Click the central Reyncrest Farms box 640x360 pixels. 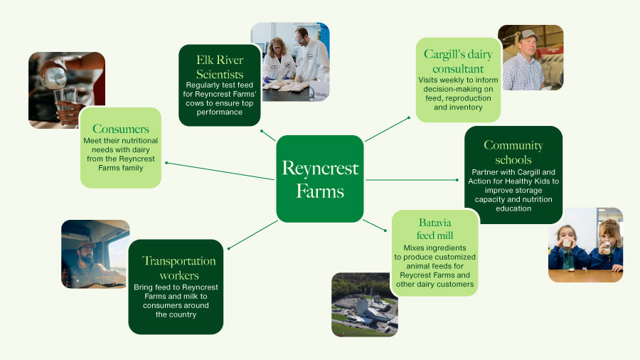point(320,179)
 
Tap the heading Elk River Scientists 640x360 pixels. point(220,67)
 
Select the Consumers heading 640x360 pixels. point(121,129)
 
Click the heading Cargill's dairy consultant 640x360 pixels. point(459,61)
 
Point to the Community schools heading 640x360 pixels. point(513,152)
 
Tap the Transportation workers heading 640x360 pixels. point(178,268)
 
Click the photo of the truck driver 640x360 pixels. point(95,254)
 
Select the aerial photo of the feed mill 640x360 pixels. point(364,305)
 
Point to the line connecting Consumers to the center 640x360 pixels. point(220,171)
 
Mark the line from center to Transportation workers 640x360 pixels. point(252,235)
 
